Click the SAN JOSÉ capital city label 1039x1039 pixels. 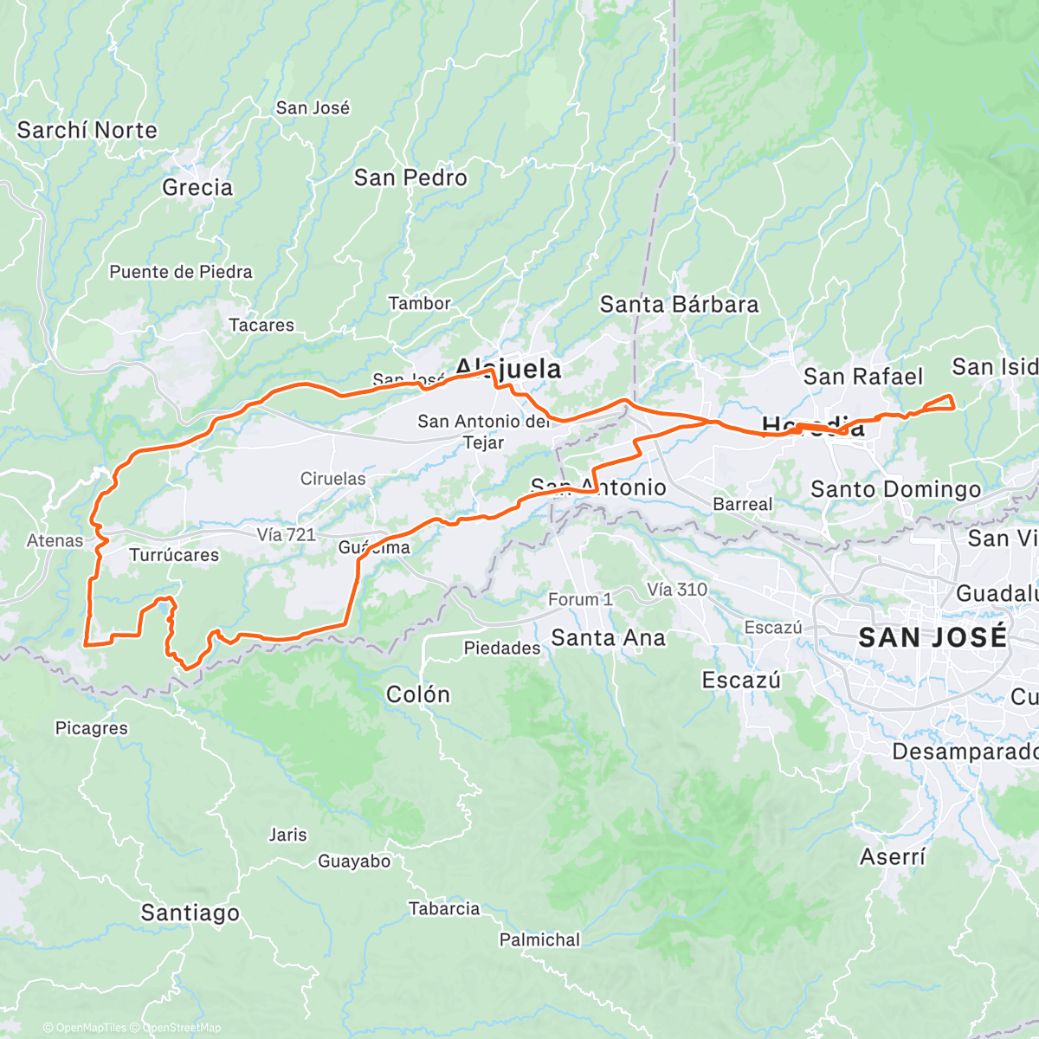(933, 638)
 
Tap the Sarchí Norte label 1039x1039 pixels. (87, 131)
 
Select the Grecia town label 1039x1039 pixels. (197, 188)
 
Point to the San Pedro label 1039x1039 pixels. (410, 177)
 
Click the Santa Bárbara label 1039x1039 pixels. (679, 305)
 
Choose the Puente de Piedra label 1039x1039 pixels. (181, 272)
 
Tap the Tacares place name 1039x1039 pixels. (261, 326)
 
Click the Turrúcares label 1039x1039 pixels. (174, 555)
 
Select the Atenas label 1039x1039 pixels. (55, 541)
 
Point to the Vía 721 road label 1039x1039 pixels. (287, 535)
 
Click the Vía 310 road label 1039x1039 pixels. (677, 590)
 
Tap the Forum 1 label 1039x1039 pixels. (580, 599)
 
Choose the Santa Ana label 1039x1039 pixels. (608, 638)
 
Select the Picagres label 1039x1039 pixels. (92, 728)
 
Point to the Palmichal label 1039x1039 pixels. (539, 939)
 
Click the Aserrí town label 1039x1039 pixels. (892, 857)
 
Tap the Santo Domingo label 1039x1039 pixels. (895, 490)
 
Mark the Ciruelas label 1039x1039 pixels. (332, 479)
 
